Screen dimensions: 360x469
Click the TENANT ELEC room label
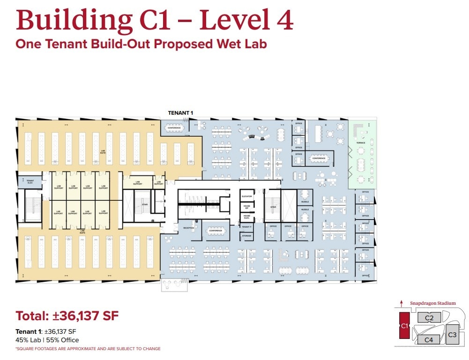tap(30, 181)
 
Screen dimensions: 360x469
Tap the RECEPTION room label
tap(188, 228)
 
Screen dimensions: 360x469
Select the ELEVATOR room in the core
tap(246, 196)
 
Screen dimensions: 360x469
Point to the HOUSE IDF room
tap(246, 206)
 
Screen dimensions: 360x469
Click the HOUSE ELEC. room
tap(246, 217)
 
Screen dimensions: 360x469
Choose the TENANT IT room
tap(246, 227)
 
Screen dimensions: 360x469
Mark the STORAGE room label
tap(246, 236)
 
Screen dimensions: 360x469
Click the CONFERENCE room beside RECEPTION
tap(216, 230)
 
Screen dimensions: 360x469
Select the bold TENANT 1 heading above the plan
tap(180, 113)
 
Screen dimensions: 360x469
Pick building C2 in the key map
tap(429, 318)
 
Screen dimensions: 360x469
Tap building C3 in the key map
tap(452, 335)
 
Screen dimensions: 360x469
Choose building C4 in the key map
tap(428, 339)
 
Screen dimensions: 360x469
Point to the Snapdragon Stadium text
tap(432, 303)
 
